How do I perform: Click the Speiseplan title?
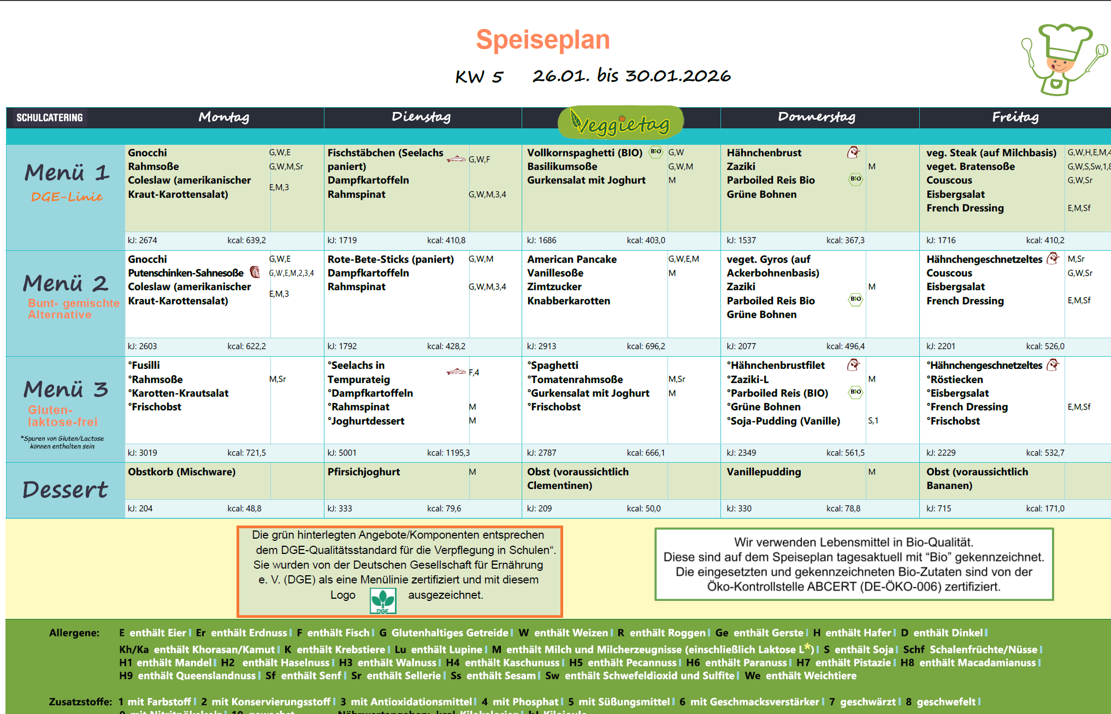(542, 40)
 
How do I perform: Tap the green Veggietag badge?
(620, 122)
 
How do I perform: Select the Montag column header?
(224, 117)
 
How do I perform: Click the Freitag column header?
(1015, 117)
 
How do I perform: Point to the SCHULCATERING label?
(50, 117)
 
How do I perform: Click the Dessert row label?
(65, 490)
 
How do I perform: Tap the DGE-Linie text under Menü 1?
(67, 197)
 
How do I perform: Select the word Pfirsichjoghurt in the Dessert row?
(364, 472)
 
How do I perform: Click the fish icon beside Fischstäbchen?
(456, 159)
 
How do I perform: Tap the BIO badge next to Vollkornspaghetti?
(655, 152)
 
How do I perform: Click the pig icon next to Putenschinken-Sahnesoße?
(255, 272)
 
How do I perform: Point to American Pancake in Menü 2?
(571, 259)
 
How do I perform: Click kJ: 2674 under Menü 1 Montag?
(143, 240)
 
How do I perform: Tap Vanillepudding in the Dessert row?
(764, 472)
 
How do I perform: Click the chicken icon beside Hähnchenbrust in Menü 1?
(853, 152)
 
